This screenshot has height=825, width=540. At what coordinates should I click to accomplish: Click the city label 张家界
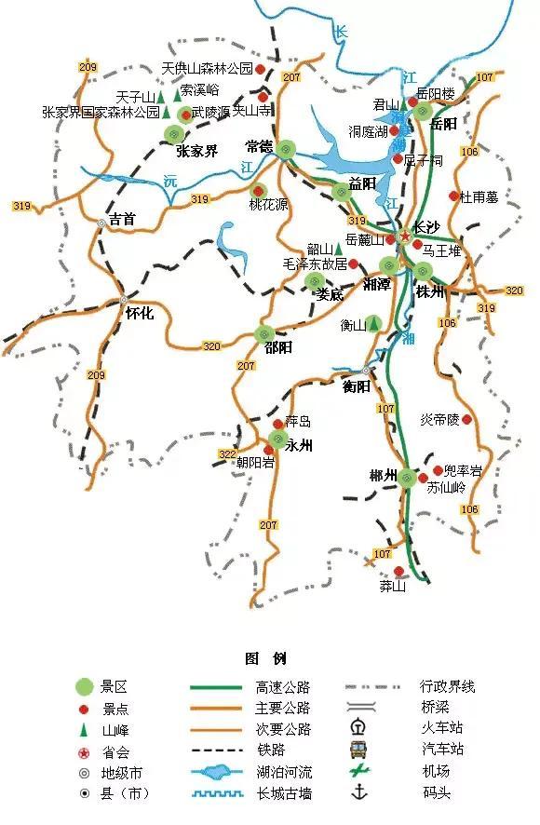197,151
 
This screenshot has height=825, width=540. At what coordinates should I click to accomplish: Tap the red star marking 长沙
404,237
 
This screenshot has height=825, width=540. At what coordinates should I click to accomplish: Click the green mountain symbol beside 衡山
373,324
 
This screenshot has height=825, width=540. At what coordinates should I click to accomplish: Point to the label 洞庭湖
368,131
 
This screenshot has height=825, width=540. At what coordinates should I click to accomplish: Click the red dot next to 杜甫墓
454,196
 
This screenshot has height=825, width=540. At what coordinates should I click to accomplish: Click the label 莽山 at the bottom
393,586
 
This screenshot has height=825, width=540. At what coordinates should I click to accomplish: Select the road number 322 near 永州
227,453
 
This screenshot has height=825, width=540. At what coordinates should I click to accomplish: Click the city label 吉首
122,220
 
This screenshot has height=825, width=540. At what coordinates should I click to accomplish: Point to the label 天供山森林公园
207,69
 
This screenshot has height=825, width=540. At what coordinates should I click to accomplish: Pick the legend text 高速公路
282,687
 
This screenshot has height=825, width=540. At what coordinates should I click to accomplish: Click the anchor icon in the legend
357,791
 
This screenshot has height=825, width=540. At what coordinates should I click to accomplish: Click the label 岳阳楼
435,94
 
